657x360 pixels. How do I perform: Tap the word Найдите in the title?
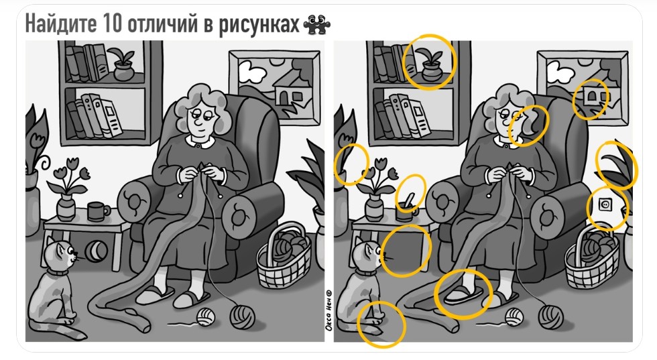coord(60,24)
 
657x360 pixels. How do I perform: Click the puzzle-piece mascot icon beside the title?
coord(316,25)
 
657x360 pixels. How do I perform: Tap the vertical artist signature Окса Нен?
coord(329,310)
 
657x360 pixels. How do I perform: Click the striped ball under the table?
coord(97,251)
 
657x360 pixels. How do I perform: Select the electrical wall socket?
coord(605,205)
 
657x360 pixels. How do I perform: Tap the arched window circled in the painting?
coord(591,97)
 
